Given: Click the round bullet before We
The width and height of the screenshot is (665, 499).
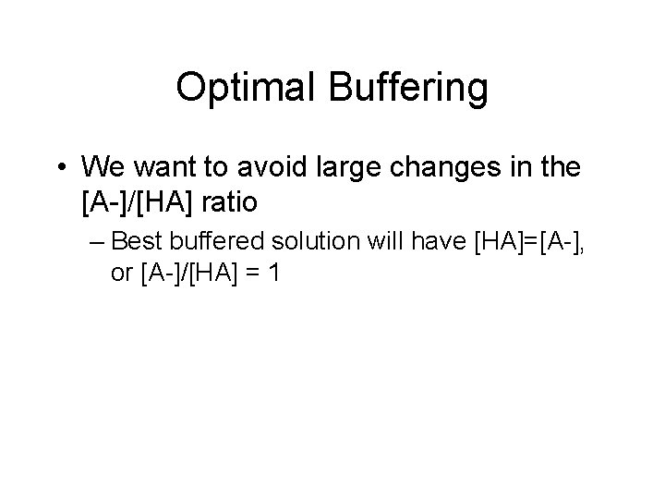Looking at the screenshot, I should (61, 168).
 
